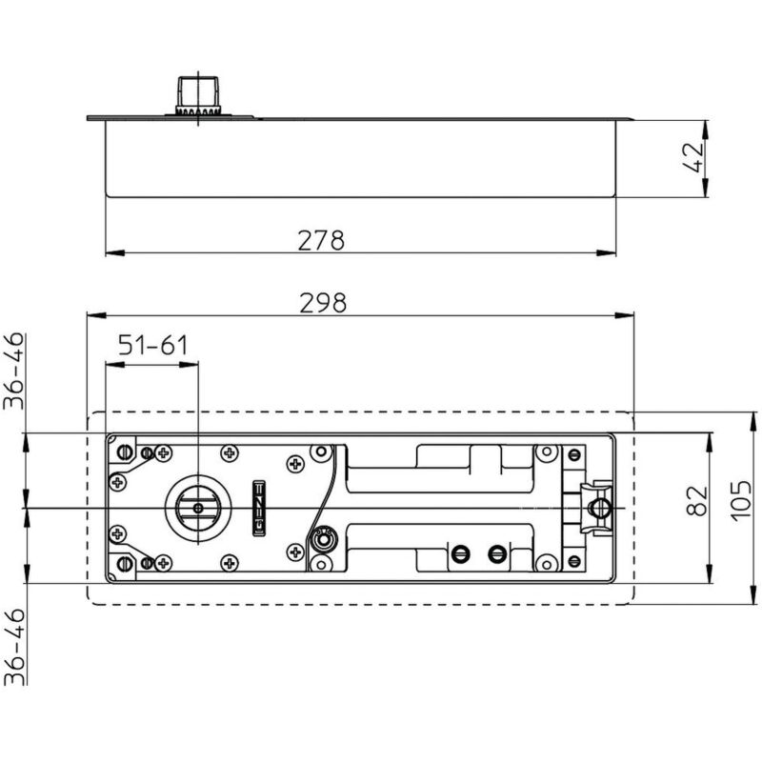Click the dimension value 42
click(693, 157)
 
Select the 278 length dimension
click(321, 240)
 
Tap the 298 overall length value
click(323, 303)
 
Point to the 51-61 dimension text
click(153, 345)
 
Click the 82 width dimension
click(697, 501)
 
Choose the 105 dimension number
click(742, 501)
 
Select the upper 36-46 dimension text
click(13, 371)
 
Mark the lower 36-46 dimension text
click(13, 647)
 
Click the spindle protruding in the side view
click(198, 96)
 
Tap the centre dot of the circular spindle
click(198, 509)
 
